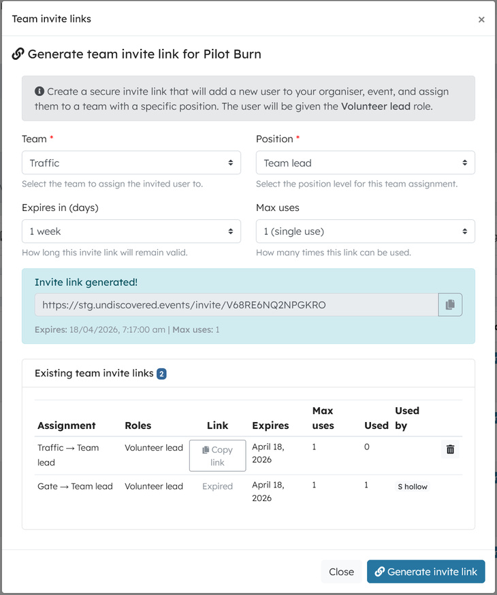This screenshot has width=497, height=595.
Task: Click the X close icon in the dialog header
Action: (x=481, y=20)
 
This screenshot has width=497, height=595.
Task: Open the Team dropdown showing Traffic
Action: (x=131, y=163)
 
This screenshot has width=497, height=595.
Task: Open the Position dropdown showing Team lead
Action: (x=366, y=163)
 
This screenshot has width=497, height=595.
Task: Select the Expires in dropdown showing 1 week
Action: (x=131, y=231)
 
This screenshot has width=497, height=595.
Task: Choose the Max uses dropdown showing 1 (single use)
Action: (x=366, y=231)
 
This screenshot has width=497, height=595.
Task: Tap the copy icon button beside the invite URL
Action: (x=450, y=305)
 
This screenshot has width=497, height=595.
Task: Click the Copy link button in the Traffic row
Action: (x=217, y=455)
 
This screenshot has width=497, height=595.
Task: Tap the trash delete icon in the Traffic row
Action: (x=450, y=449)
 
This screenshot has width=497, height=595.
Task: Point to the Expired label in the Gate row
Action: (x=217, y=486)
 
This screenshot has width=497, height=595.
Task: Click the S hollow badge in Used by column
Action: (x=413, y=487)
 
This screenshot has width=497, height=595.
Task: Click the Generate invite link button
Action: (x=426, y=572)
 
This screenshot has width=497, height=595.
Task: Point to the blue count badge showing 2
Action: (x=161, y=374)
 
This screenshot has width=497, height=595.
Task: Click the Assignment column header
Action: (x=67, y=425)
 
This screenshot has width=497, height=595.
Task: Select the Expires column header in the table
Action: (x=270, y=425)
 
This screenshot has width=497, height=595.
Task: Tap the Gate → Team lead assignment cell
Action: (x=75, y=486)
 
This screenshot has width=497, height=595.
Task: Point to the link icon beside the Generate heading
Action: (x=18, y=54)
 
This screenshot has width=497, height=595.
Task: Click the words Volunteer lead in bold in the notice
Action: (x=376, y=106)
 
